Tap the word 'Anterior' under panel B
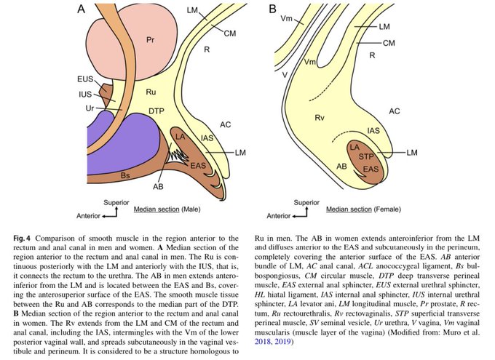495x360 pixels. (x=278, y=216)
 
